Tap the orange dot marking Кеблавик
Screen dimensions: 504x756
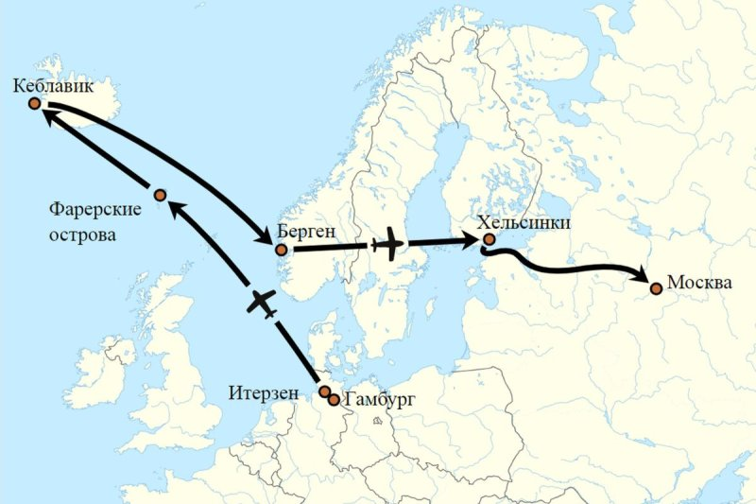[x=34, y=104]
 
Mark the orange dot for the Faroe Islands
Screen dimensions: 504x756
[x=161, y=195]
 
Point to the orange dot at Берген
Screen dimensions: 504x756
[x=280, y=250]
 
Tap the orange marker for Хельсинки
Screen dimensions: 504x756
[x=489, y=240]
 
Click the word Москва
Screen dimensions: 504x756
[x=697, y=283]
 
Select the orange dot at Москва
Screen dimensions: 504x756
[x=655, y=287]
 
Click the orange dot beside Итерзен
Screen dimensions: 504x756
[x=324, y=391]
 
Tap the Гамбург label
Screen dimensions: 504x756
[x=378, y=400]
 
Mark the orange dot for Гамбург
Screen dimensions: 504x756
[x=334, y=399]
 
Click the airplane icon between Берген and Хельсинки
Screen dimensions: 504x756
[x=387, y=246]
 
